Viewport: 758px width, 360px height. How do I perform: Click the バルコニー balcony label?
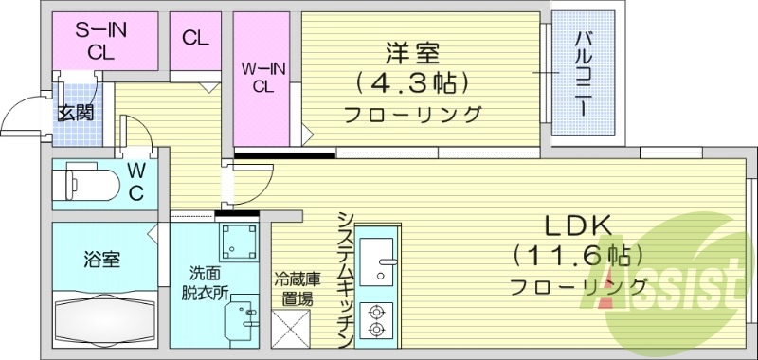584,76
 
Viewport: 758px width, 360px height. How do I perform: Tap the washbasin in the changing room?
244,316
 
